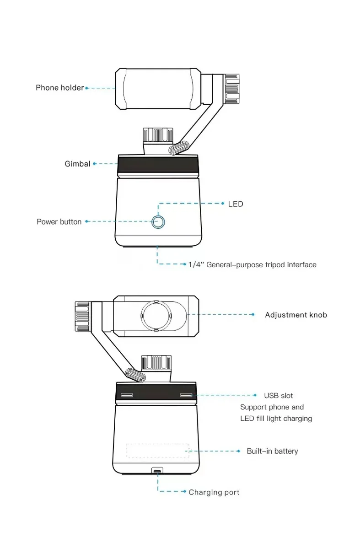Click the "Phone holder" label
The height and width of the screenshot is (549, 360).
[x=59, y=88]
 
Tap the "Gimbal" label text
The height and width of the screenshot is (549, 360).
[x=77, y=164]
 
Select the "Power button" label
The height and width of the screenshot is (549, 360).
[x=59, y=222]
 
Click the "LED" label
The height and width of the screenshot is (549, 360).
[x=236, y=204]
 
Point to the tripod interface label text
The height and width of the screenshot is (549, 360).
[x=252, y=265]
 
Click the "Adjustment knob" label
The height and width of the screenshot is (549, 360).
[x=296, y=315]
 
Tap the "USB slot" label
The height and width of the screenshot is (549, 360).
[x=279, y=396]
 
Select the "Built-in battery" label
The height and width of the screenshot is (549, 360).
[x=272, y=451]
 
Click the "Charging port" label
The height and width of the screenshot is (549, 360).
[x=214, y=492]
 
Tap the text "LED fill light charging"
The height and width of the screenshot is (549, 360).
[x=276, y=419]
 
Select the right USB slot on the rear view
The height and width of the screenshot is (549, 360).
[x=186, y=395]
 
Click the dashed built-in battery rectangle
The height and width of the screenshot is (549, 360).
[x=158, y=450]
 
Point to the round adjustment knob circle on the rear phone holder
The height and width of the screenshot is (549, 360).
[x=156, y=316]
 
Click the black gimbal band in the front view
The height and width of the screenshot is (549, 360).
[x=158, y=166]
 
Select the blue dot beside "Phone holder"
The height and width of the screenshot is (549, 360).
[x=86, y=88]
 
